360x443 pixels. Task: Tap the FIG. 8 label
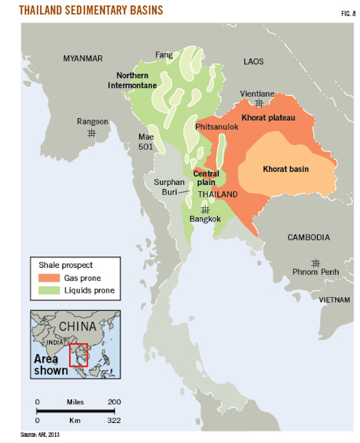tap(343, 11)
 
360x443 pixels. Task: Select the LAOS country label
tap(254, 62)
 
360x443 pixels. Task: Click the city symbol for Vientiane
tap(258, 103)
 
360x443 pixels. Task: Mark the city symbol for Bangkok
tap(205, 210)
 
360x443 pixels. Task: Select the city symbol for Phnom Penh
tap(316, 262)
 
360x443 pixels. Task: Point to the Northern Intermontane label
tap(136, 80)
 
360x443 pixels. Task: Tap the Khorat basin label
tap(285, 168)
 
